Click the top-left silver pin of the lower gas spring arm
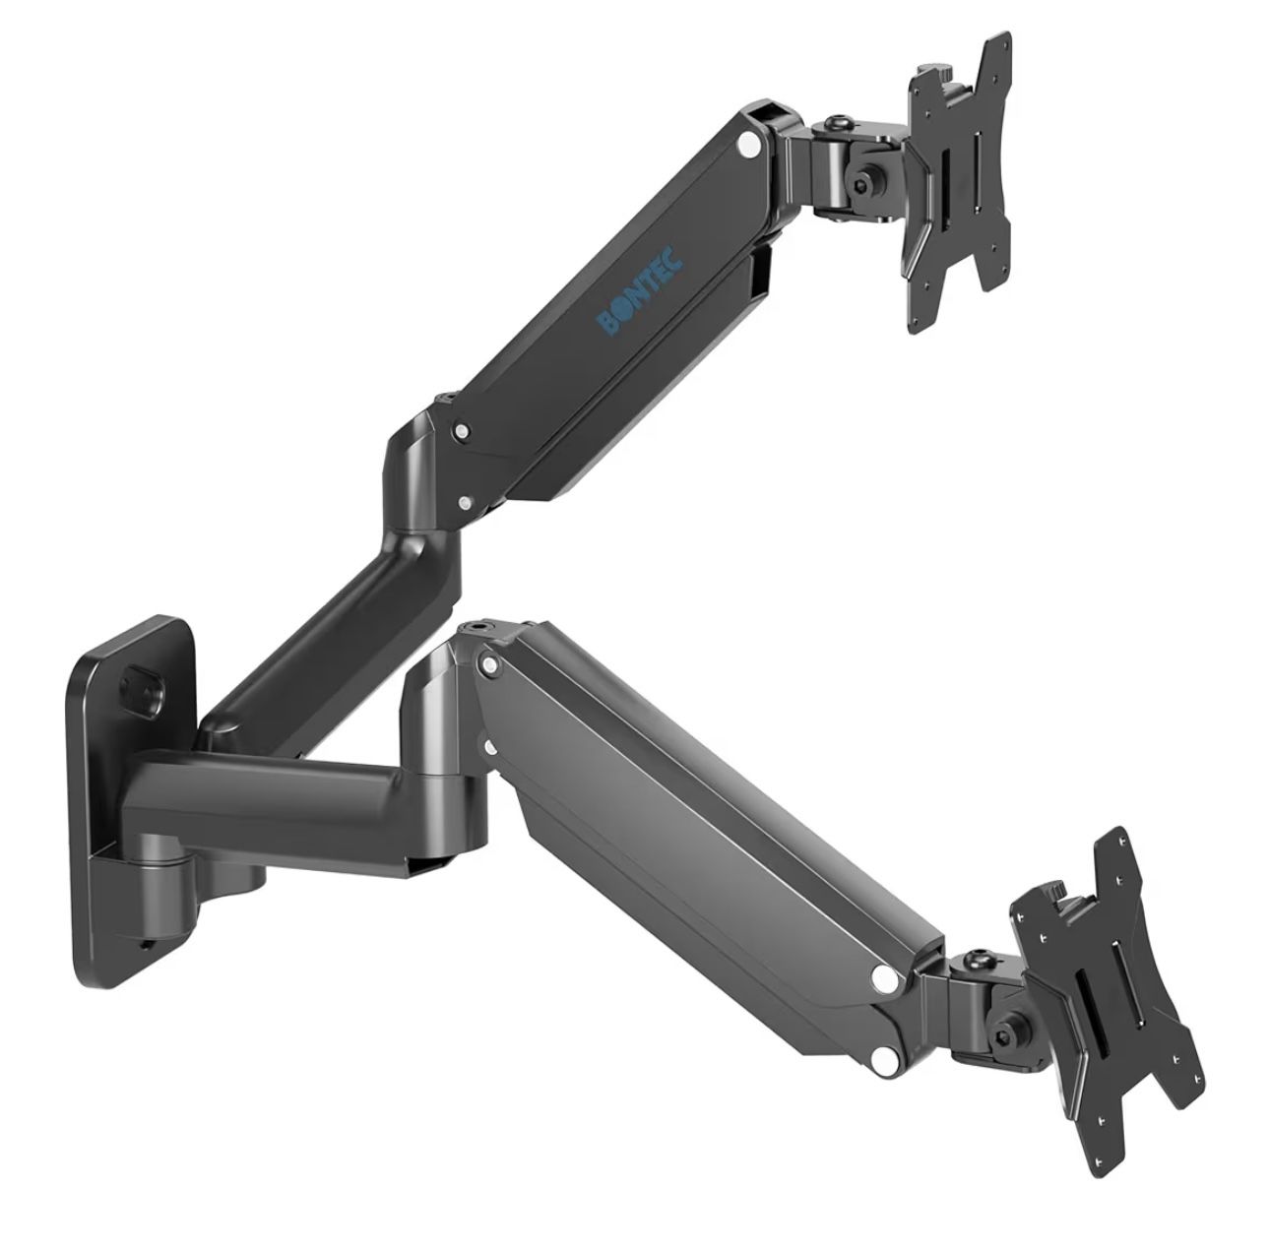tap(486, 667)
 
